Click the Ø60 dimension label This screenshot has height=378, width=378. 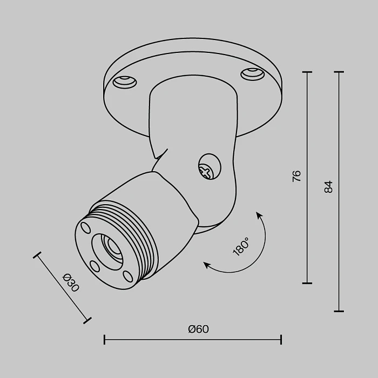click(198, 329)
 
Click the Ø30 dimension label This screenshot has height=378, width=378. click(71, 283)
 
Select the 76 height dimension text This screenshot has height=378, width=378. click(296, 176)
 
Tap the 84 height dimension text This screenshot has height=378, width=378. click(328, 187)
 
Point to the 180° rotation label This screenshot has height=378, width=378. click(240, 247)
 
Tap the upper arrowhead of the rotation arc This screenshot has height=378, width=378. click(259, 215)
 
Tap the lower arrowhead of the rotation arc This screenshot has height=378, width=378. click(206, 264)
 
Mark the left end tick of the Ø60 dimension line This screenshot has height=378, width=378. click(104, 340)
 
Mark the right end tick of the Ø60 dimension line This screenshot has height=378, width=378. click(281, 340)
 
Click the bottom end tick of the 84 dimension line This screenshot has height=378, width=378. click(339, 311)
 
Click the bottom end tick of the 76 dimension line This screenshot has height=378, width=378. click(307, 282)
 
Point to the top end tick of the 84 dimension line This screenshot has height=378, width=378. click(339, 72)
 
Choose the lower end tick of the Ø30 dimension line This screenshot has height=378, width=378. click(87, 320)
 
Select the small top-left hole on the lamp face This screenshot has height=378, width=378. click(85, 227)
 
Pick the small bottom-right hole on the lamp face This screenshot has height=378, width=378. click(127, 275)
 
